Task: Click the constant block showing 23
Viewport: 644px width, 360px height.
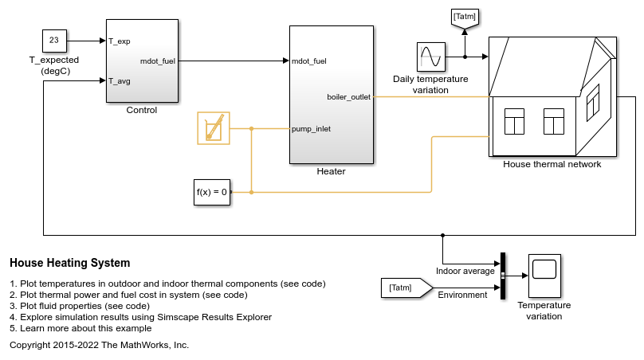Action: click(x=55, y=40)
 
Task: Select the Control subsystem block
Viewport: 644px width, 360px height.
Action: click(x=141, y=61)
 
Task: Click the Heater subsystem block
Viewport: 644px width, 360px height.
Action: click(x=332, y=94)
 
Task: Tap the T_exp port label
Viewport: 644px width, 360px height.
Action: click(x=120, y=41)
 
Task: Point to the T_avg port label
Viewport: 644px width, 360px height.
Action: click(x=120, y=80)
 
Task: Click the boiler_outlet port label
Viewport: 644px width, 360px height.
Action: click(x=348, y=97)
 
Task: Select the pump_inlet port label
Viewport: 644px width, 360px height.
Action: click(x=312, y=128)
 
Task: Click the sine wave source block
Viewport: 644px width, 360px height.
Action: click(x=430, y=57)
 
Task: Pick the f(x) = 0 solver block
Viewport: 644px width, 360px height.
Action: click(x=213, y=192)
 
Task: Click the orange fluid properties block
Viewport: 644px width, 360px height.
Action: click(x=213, y=128)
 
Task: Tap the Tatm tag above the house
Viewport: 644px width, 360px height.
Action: click(x=465, y=17)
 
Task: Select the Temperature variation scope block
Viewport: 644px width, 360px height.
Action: click(x=544, y=276)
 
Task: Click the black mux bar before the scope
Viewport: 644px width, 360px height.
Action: click(x=503, y=276)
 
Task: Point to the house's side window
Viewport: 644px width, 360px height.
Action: click(x=592, y=103)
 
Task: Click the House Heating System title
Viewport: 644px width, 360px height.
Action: click(x=69, y=263)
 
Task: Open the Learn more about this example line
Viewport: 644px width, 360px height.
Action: click(x=80, y=328)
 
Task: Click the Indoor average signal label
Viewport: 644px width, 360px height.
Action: click(x=465, y=271)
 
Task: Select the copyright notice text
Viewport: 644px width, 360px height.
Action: click(x=99, y=345)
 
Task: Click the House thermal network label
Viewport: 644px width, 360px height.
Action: click(x=552, y=164)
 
